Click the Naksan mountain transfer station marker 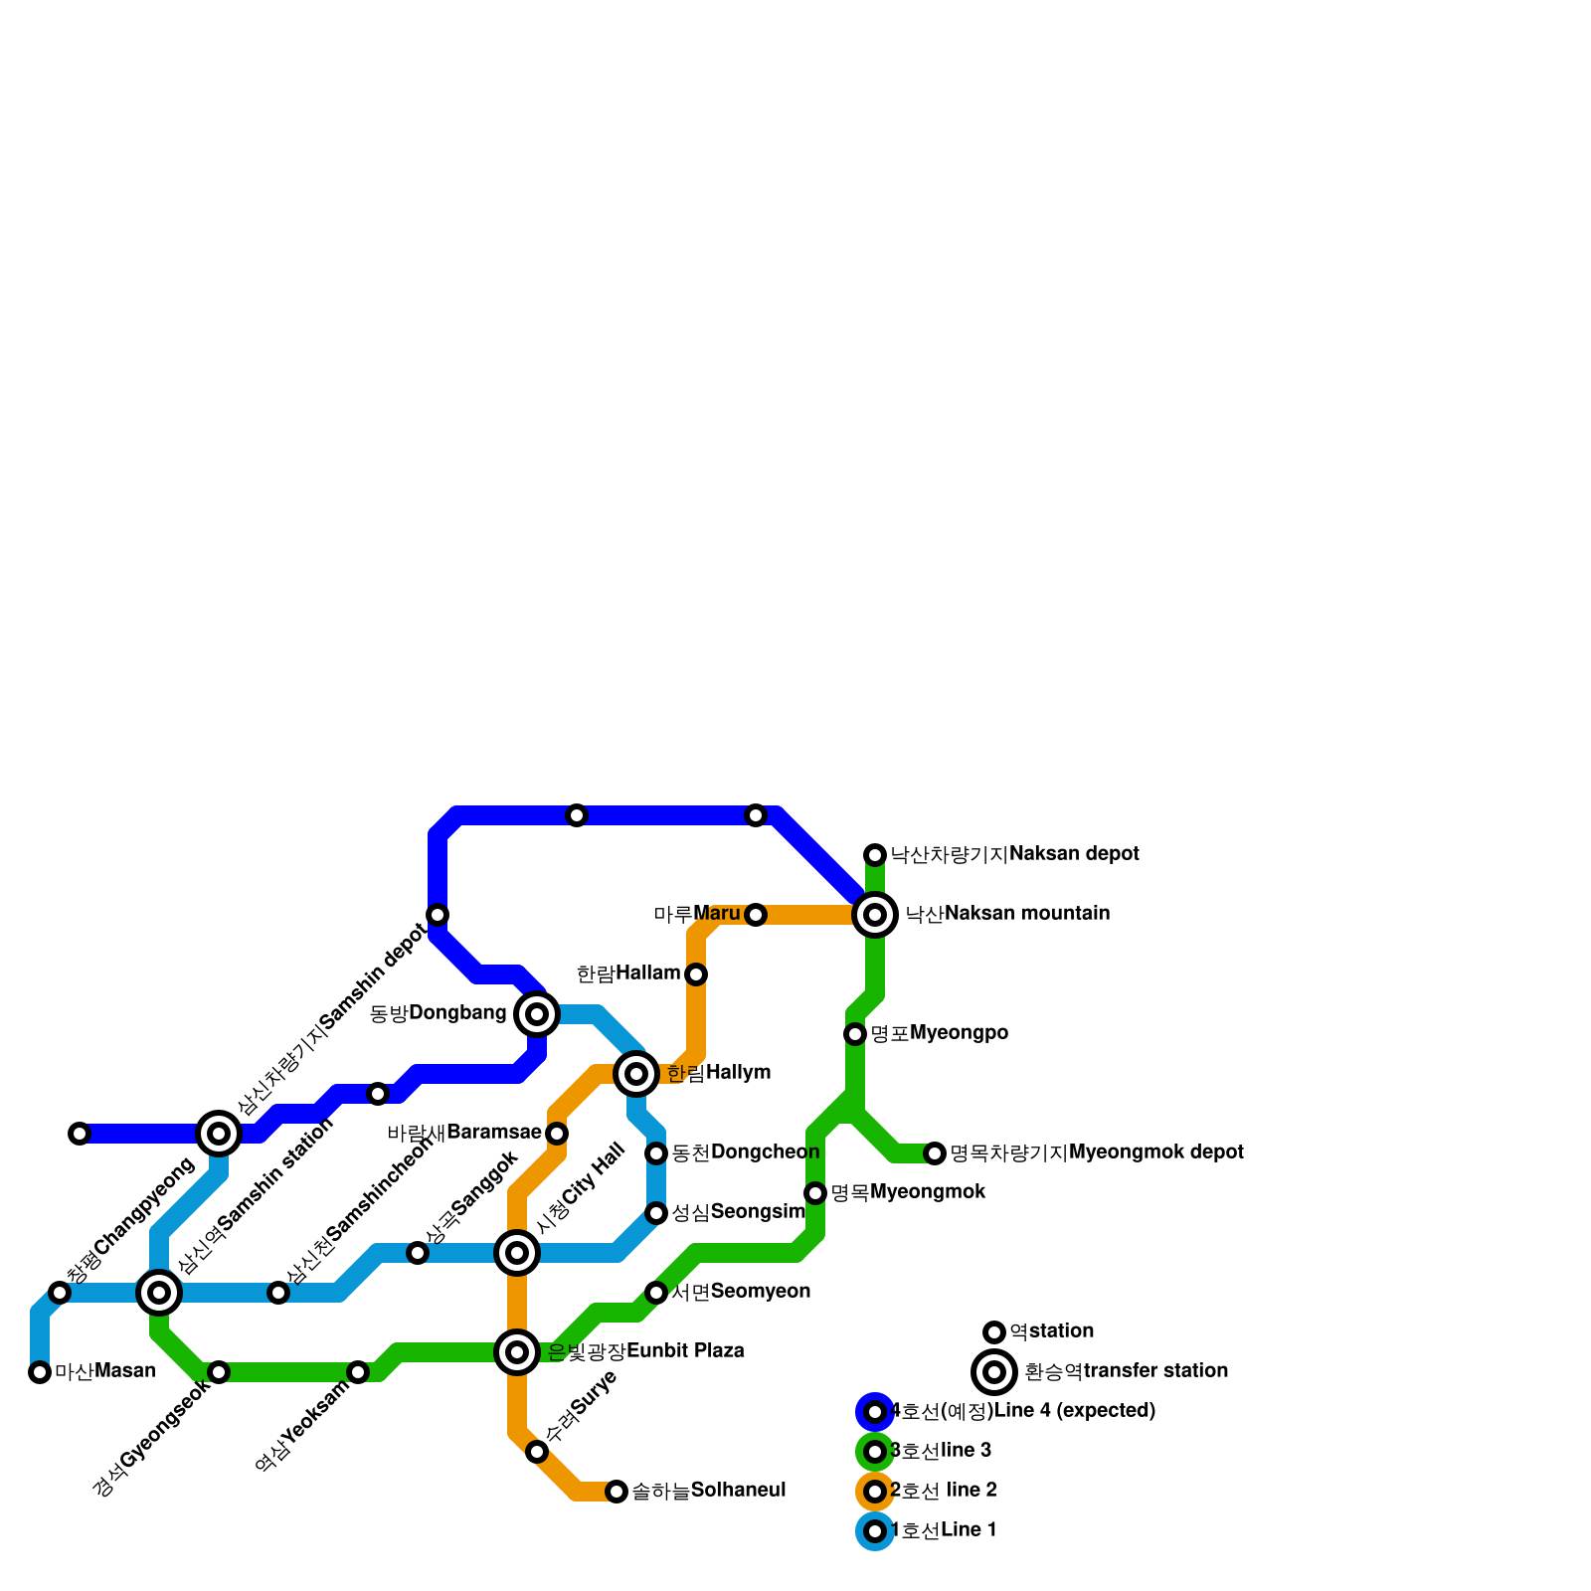pyautogui.click(x=875, y=914)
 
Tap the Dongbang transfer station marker pyautogui.click(x=537, y=1013)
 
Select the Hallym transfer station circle pyautogui.click(x=636, y=1073)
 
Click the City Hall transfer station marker pyautogui.click(x=517, y=1252)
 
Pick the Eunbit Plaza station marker pyautogui.click(x=517, y=1351)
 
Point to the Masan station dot pyautogui.click(x=40, y=1372)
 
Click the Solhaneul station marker pyautogui.click(x=617, y=1491)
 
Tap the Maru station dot pyautogui.click(x=756, y=914)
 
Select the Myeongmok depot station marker pyautogui.click(x=935, y=1152)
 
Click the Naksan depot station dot pyautogui.click(x=875, y=854)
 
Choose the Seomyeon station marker pyautogui.click(x=656, y=1292)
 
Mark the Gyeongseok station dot pyautogui.click(x=219, y=1372)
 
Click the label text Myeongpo pyautogui.click(x=939, y=1033)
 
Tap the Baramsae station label pyautogui.click(x=463, y=1133)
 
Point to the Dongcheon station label pyautogui.click(x=745, y=1152)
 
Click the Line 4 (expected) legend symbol pyautogui.click(x=875, y=1411)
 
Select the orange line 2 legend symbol pyautogui.click(x=875, y=1491)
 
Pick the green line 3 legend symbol pyautogui.click(x=875, y=1451)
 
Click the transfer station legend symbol pyautogui.click(x=994, y=1372)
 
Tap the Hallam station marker pyautogui.click(x=696, y=973)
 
